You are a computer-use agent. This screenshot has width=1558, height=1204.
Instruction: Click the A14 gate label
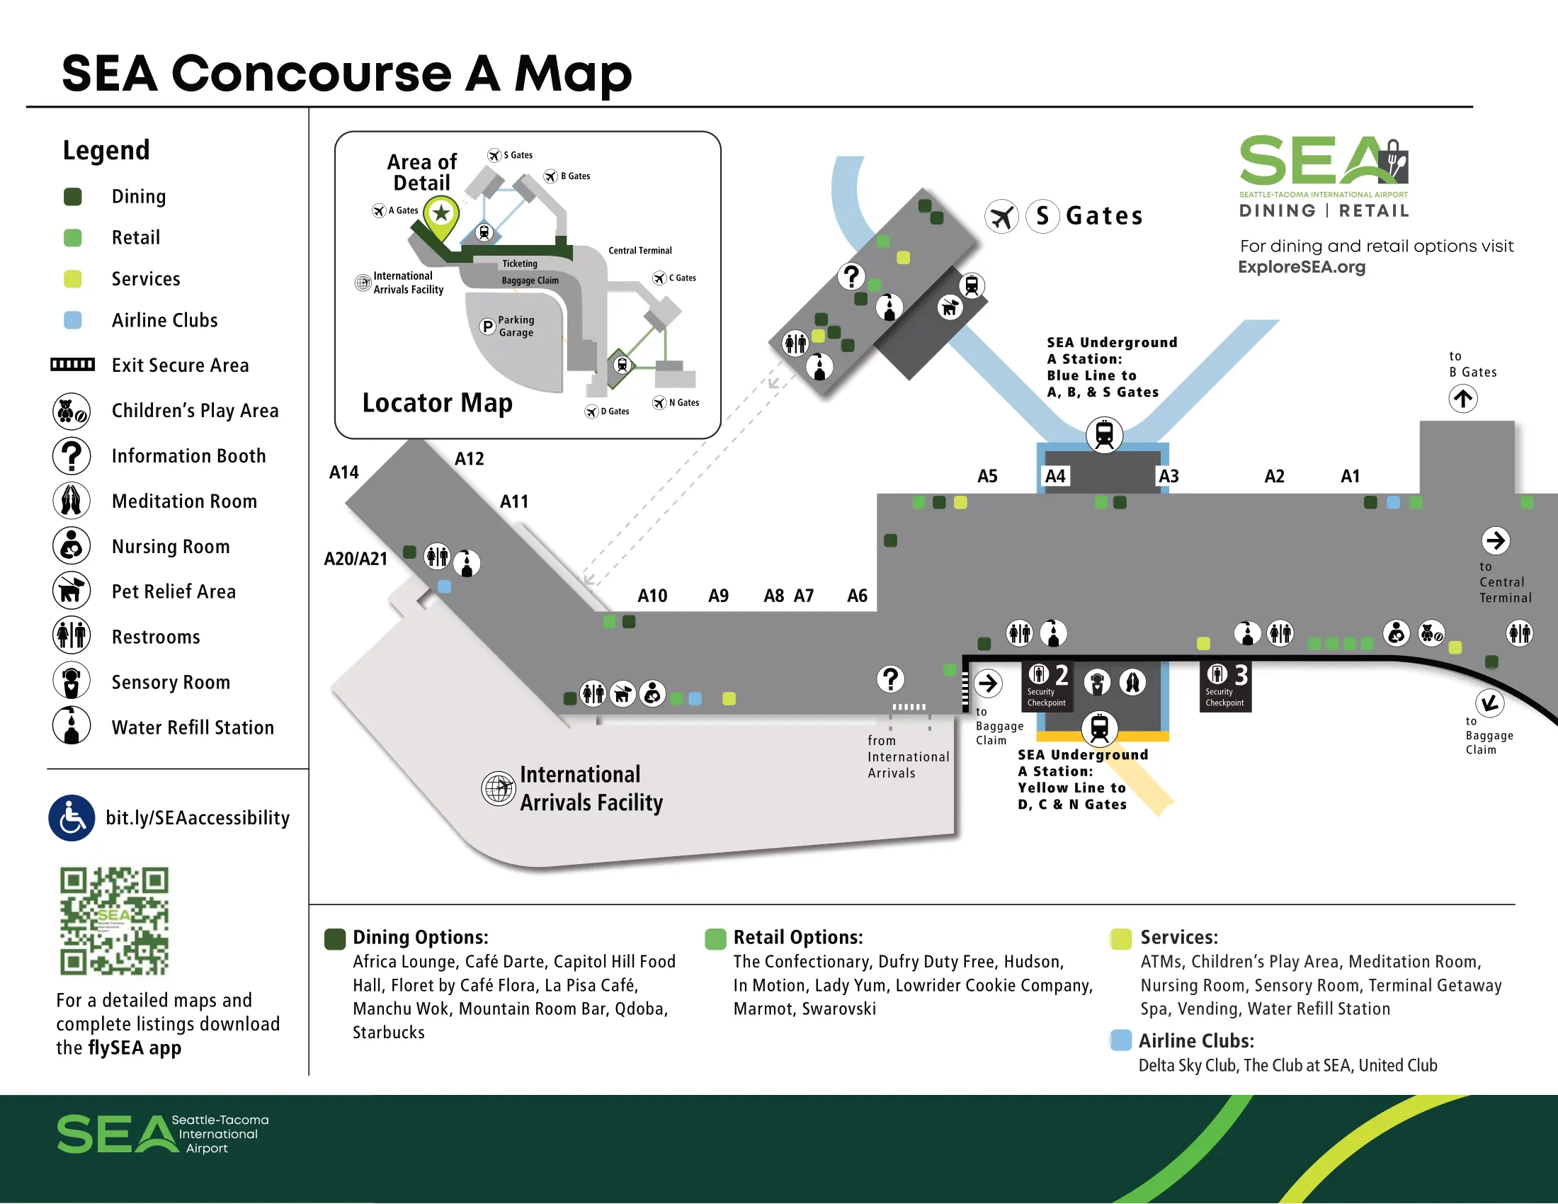coord(343,472)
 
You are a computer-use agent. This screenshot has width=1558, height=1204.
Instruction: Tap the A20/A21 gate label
coord(356,559)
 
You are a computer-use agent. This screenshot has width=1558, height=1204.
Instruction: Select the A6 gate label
coord(857,596)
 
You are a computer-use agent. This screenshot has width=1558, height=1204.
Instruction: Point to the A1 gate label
coord(1350,476)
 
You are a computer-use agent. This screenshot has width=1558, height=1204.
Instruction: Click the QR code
coord(114,921)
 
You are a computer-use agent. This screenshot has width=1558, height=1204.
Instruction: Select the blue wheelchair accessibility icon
coord(72,818)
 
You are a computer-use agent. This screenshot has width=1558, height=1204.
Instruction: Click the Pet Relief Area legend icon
coord(72,591)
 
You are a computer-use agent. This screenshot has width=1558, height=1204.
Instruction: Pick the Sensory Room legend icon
coord(72,681)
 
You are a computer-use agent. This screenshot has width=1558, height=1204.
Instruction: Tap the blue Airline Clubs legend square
coord(73,320)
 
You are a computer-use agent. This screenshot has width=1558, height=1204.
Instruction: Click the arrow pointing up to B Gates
coord(1462,399)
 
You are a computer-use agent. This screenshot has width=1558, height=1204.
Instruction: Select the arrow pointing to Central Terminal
coord(1495,540)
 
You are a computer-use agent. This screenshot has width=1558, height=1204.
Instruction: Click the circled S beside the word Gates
coord(1042,216)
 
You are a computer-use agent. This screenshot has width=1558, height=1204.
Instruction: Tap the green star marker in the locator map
coord(442,213)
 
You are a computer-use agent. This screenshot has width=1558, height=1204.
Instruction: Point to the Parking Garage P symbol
coord(487,326)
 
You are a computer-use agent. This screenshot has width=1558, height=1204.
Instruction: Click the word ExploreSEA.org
coord(1301,268)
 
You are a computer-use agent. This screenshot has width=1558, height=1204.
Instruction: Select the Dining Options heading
coord(420,937)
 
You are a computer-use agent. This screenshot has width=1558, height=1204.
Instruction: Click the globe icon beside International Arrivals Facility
coord(499,788)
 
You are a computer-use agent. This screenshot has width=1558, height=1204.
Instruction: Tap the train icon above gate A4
coord(1103,434)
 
